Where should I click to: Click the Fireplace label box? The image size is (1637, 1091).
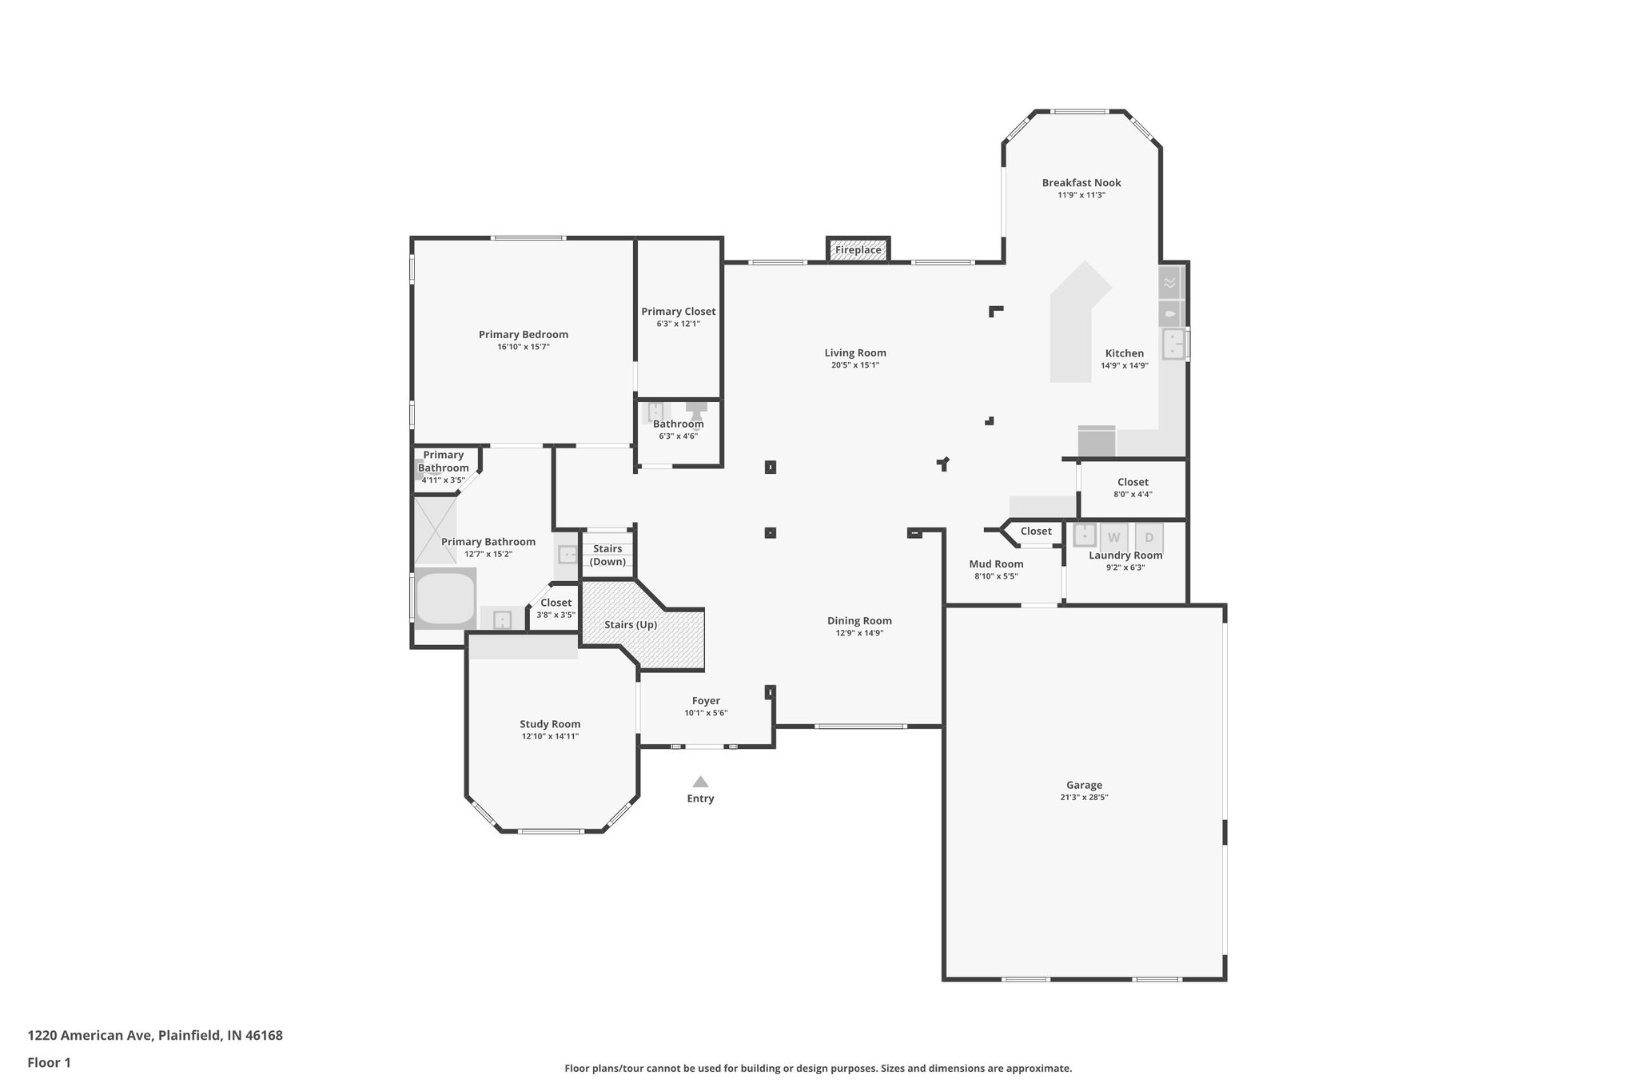pos(858,250)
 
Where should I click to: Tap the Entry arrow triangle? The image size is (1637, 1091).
pos(700,782)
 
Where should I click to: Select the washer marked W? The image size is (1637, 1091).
pos(1113,537)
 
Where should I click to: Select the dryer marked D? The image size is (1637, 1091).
pos(1149,537)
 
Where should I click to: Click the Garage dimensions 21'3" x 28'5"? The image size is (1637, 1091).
pos(1084,797)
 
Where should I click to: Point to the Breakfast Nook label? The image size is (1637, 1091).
pos(1081,182)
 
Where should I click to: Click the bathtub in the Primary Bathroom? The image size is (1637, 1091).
pos(445,597)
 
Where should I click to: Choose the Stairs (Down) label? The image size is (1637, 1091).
pos(607,555)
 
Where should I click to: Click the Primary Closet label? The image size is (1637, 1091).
pos(678,312)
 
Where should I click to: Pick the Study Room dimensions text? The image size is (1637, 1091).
pos(550,736)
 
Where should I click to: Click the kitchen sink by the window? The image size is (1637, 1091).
pos(1173,344)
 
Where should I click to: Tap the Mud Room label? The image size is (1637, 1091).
pos(996,563)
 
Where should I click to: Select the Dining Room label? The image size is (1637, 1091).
pos(859,620)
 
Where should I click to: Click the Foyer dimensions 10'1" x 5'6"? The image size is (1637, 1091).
pos(706,713)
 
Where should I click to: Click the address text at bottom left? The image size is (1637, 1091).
pos(155,1035)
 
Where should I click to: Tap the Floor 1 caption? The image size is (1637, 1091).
pos(50,1062)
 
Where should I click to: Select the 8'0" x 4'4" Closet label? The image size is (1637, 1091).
pos(1133,482)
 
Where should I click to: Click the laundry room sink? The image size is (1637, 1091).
pos(1084,534)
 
